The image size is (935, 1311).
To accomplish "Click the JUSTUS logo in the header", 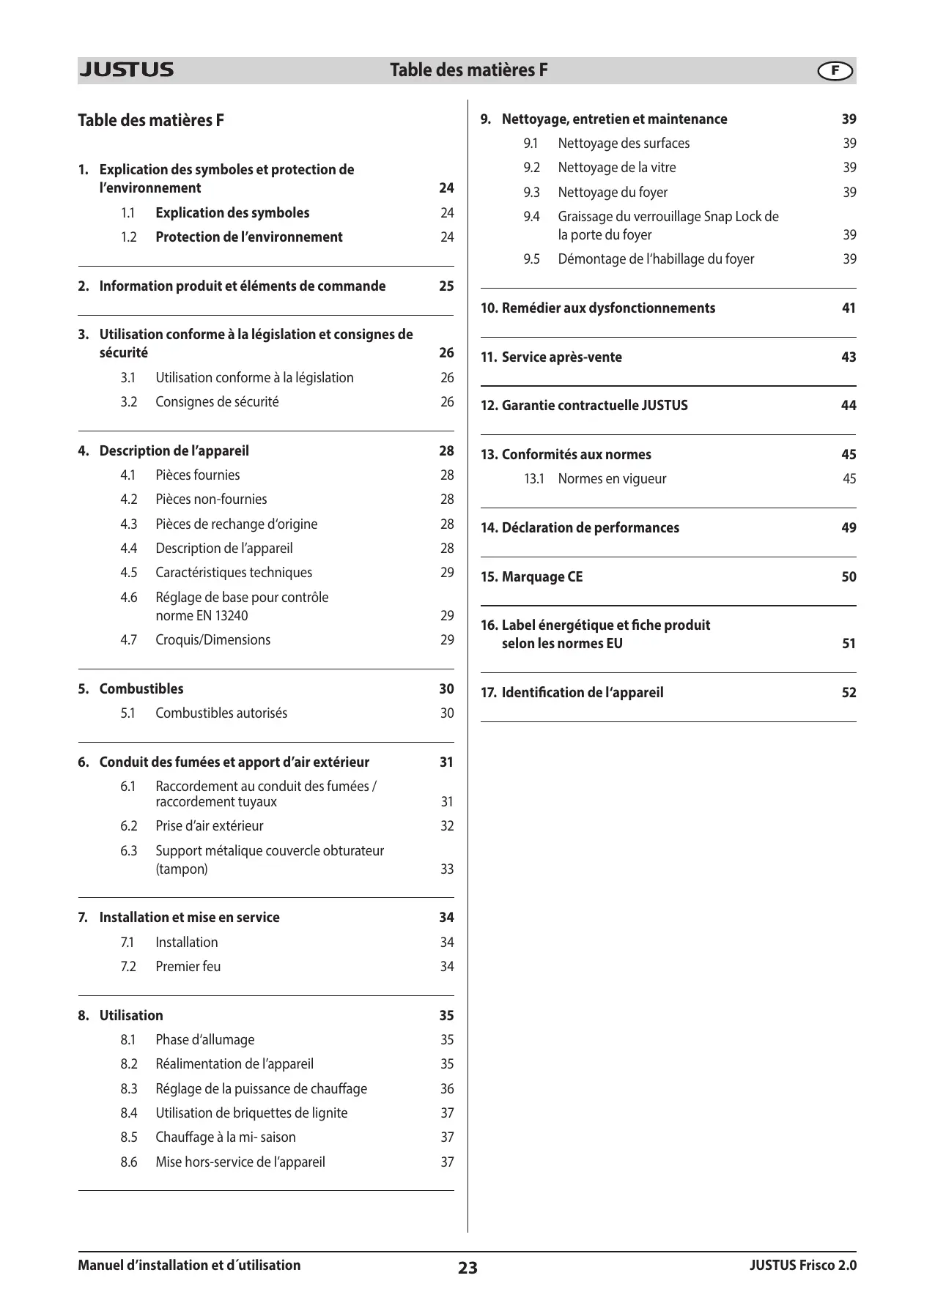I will coord(126,70).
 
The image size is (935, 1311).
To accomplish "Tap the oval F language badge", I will coord(835,71).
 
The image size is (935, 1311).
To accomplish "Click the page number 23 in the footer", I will coord(467,1268).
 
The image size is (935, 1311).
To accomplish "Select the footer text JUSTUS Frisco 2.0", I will coord(802,1266).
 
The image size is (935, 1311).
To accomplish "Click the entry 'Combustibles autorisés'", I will coord(221,713).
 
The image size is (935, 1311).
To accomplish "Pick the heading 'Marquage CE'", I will coord(542,577).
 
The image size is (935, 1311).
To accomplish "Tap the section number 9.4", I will coord(531,217).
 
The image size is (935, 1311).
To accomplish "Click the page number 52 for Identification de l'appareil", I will coord(849,693).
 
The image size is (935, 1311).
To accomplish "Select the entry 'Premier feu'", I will coord(188,967).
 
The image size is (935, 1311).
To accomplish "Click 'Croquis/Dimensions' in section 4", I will coord(212,640).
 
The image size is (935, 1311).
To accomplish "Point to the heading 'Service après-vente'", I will coord(561,357).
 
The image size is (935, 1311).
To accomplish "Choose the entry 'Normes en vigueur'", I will coord(612,479).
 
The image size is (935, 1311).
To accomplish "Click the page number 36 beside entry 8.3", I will coord(447,1089).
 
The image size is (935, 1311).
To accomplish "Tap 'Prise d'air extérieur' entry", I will coord(210,826).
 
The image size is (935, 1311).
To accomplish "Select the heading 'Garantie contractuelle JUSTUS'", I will coord(594,406).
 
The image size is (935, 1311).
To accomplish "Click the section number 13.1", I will coord(534,479).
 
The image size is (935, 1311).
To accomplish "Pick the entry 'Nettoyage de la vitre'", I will coord(617,168).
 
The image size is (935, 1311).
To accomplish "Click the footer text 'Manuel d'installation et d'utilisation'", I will coord(189,1266).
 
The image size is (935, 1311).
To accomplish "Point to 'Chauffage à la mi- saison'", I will coord(226,1137).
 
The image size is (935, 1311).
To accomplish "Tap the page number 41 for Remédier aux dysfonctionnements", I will coord(849,308).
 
